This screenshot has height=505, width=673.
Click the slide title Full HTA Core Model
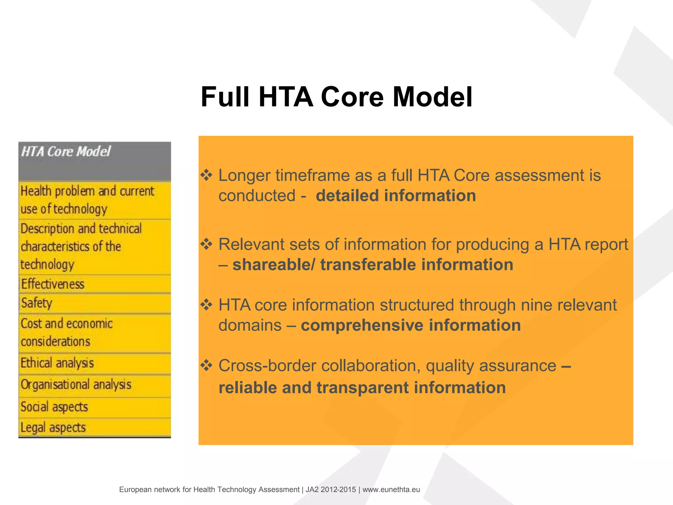[x=336, y=97]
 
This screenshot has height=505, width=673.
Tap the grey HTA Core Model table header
[x=95, y=161]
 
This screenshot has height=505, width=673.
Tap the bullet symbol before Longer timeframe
[x=207, y=175]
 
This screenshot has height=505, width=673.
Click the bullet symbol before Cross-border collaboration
[x=207, y=366]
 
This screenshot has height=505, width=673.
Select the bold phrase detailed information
[x=396, y=196]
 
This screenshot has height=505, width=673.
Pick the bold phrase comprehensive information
[x=411, y=325]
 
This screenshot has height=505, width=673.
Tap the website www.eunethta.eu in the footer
[x=391, y=490]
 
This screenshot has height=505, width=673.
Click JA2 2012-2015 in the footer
[x=331, y=490]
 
